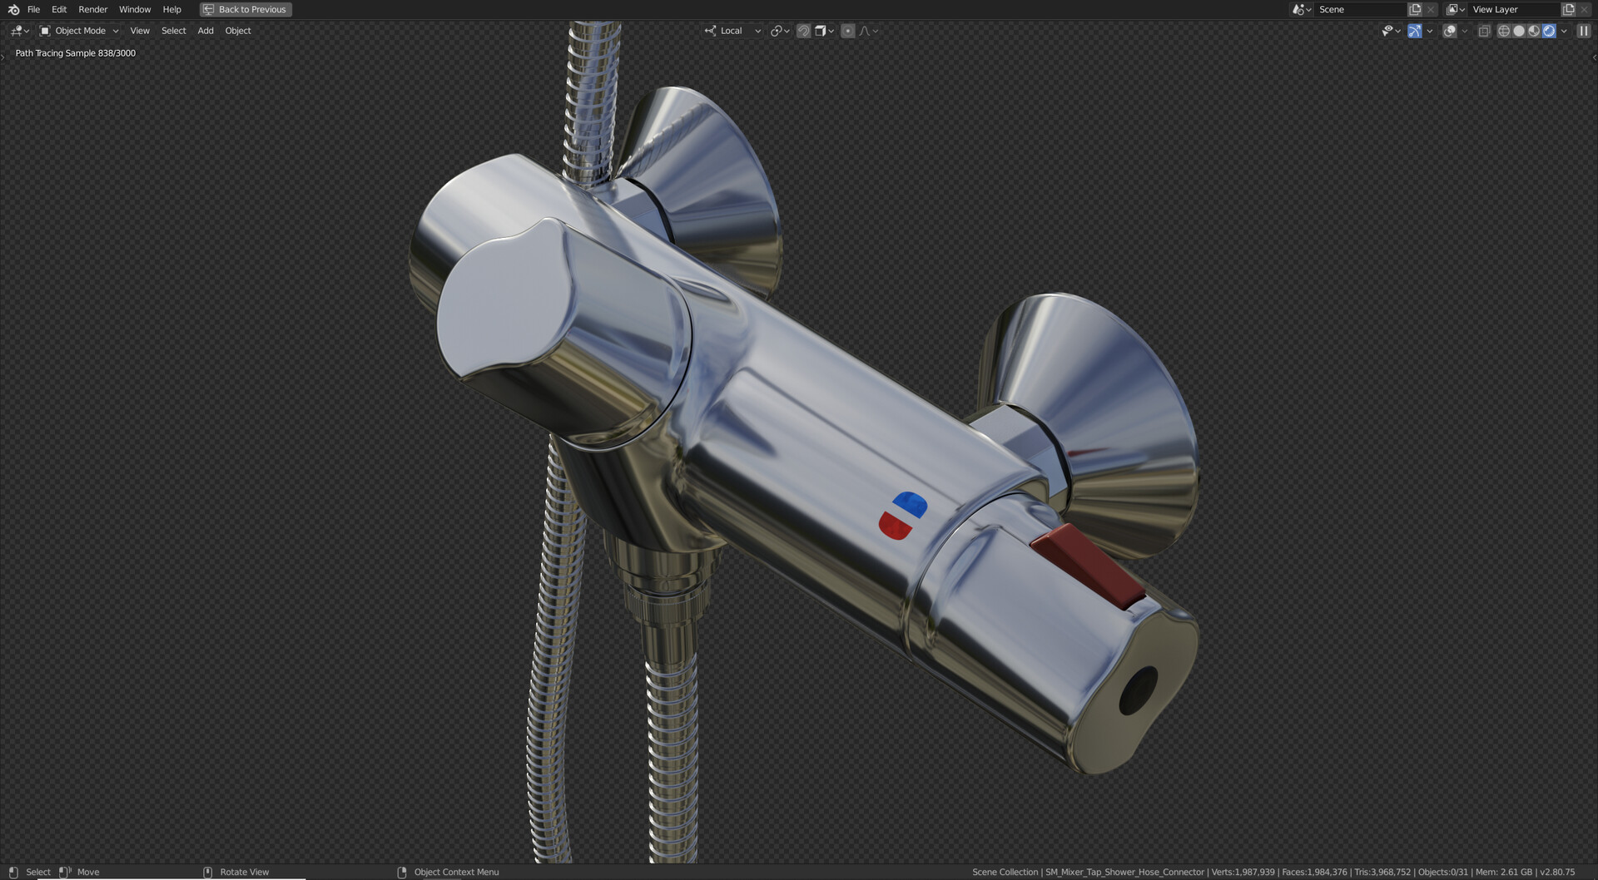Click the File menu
33,9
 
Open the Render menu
92,9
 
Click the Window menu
135,9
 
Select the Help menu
171,9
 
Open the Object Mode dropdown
80,31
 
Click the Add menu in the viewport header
206,31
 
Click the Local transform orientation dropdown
732,31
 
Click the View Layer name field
1511,9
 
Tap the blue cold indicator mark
911,504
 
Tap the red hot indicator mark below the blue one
895,526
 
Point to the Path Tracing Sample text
75,53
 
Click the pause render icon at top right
1583,31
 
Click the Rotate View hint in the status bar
244,872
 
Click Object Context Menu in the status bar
456,872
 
